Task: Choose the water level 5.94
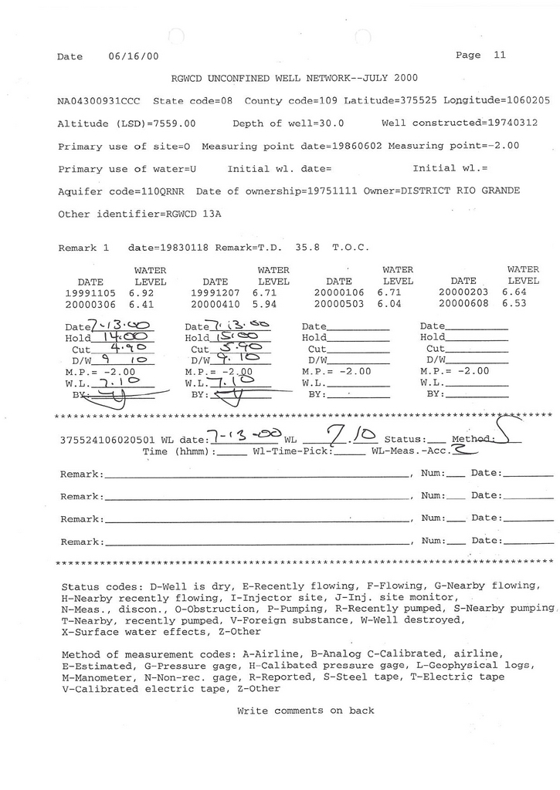pos(264,305)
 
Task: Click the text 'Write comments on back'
pos(305,711)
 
